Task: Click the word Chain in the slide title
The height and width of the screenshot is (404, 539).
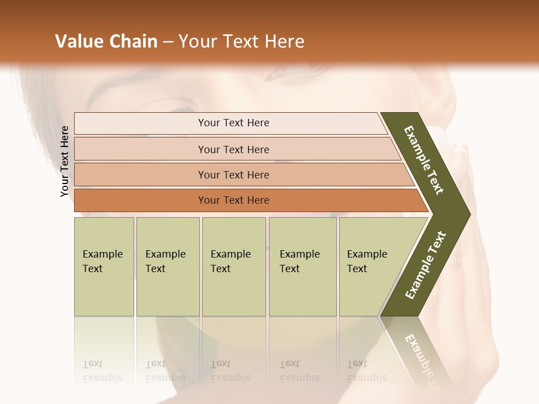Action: click(x=133, y=42)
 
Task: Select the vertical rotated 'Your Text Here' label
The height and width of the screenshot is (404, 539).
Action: click(x=65, y=162)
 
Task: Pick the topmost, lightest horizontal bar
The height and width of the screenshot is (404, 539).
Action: click(x=233, y=123)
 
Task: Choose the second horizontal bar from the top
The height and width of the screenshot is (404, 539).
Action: click(x=233, y=149)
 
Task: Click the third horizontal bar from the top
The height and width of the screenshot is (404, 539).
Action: click(x=233, y=175)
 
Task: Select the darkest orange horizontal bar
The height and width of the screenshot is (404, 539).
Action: click(x=233, y=200)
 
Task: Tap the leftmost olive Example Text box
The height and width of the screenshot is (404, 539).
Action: click(x=104, y=266)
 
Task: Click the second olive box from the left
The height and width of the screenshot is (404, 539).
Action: click(x=167, y=266)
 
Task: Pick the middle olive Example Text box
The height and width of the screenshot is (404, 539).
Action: click(x=234, y=266)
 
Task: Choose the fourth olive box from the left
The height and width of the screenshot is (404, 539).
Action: click(x=303, y=266)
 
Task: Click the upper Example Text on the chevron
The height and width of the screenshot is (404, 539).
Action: click(x=424, y=160)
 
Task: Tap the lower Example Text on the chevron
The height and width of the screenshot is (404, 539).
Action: click(x=426, y=265)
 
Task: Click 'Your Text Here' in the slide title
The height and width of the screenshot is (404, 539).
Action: click(x=241, y=42)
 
